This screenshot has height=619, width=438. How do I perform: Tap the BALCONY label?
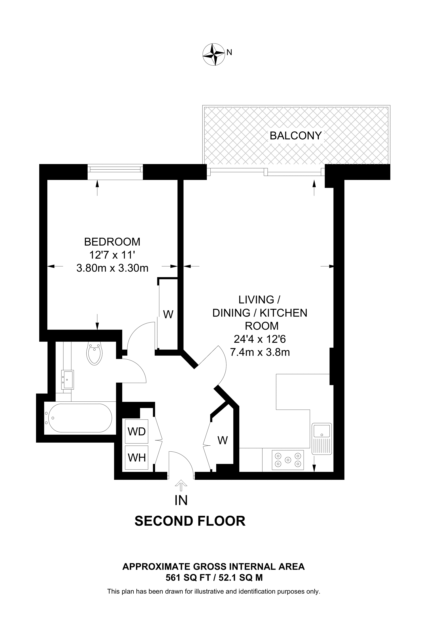coord(296,136)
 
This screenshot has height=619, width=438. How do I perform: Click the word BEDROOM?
coord(112,242)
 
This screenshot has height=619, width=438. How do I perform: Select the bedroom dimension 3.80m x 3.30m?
coord(112,268)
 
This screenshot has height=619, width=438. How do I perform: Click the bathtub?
coord(78,418)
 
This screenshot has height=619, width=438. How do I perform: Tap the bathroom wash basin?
coord(67,379)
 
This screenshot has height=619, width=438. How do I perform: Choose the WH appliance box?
coord(137,458)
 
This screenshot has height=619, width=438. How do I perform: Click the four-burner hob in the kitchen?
coord(288,460)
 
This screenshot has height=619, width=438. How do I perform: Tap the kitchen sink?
coord(322,439)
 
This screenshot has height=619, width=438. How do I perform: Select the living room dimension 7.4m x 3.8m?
coord(260,352)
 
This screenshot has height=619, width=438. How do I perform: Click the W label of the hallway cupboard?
coord(223,440)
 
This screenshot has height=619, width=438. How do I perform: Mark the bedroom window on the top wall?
coord(115,172)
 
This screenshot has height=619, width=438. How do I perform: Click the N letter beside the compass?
coord(229,52)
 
